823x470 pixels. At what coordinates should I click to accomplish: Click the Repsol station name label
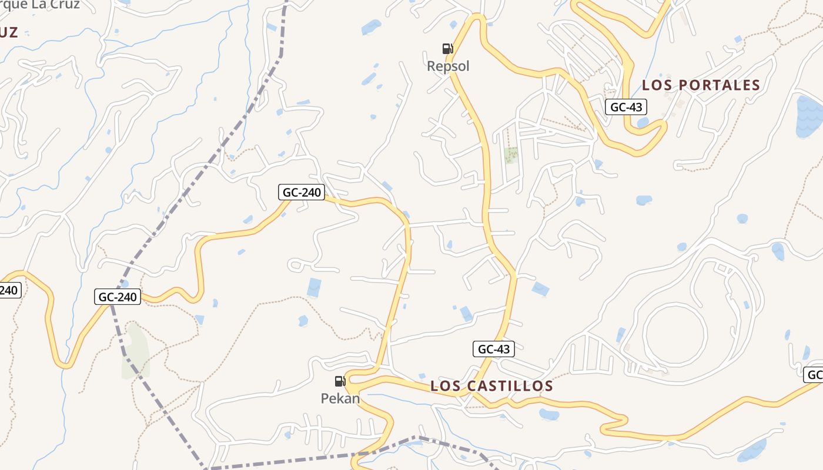point(448,66)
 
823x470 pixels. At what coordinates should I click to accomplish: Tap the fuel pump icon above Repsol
point(448,48)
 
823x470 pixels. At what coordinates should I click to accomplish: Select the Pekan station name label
point(340,398)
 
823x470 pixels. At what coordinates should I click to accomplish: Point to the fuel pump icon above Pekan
point(340,381)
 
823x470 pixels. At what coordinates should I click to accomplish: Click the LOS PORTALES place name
point(701,85)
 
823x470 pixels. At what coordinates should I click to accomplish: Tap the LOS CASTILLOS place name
point(491,386)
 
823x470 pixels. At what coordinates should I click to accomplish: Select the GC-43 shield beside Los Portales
point(626,107)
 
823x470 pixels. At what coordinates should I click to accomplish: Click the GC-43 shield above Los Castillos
point(494,349)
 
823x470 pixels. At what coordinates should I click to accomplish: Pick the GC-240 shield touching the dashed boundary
point(118,297)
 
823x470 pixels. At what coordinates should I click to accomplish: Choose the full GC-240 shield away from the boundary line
point(302,192)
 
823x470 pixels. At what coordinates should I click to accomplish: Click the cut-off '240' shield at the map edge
point(10,290)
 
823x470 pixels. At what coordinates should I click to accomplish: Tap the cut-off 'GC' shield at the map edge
point(814,375)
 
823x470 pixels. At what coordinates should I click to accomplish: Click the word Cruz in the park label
point(61,5)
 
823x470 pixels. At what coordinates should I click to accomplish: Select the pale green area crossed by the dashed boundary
point(135,351)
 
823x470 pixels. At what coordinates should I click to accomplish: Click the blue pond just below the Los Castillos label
point(549,414)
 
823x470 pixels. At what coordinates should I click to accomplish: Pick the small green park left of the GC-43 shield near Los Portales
point(511,155)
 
